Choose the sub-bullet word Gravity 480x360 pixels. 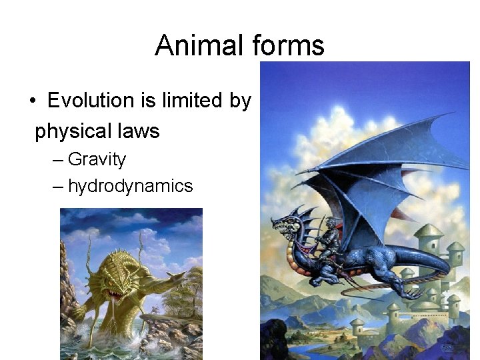pos(97,159)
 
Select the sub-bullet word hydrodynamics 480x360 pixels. pos(130,185)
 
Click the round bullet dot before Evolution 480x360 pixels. pos(32,101)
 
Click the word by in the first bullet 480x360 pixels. pos(240,101)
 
